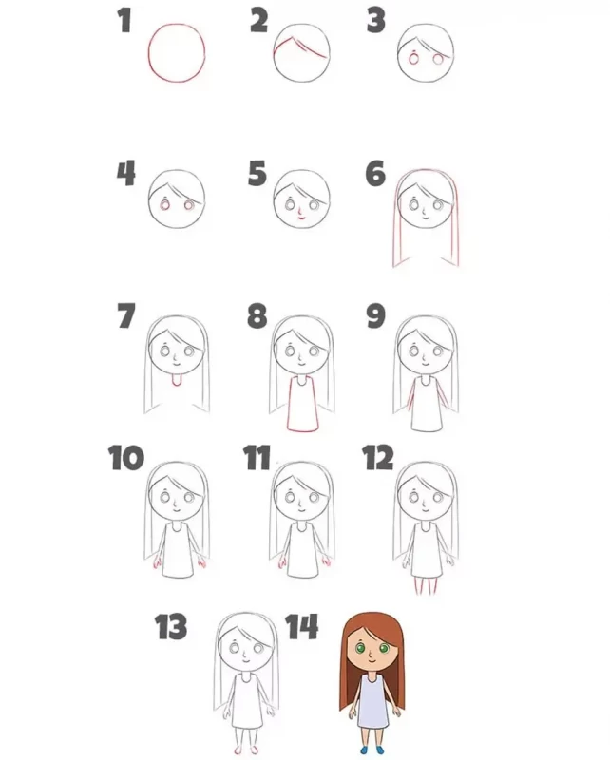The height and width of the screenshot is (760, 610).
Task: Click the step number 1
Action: tap(125, 21)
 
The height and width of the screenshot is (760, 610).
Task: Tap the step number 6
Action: tap(375, 174)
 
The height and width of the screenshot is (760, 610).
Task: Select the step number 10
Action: tap(126, 458)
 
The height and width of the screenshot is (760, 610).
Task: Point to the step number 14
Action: tap(301, 626)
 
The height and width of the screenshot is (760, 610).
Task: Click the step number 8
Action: tap(257, 315)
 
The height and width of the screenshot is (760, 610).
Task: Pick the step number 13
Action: tap(171, 626)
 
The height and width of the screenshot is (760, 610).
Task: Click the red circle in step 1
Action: tap(148, 53)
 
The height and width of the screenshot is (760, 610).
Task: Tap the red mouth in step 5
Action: tap(300, 218)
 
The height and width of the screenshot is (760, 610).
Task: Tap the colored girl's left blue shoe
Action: tap(365, 750)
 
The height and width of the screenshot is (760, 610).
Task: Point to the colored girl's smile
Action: tap(372, 661)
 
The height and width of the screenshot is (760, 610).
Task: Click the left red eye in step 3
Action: tap(413, 59)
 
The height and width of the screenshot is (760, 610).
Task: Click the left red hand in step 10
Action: tap(157, 563)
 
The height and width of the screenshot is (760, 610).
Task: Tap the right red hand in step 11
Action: tap(326, 562)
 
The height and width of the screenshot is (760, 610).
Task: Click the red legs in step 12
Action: tap(426, 586)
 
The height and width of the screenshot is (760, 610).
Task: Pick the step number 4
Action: tap(126, 174)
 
